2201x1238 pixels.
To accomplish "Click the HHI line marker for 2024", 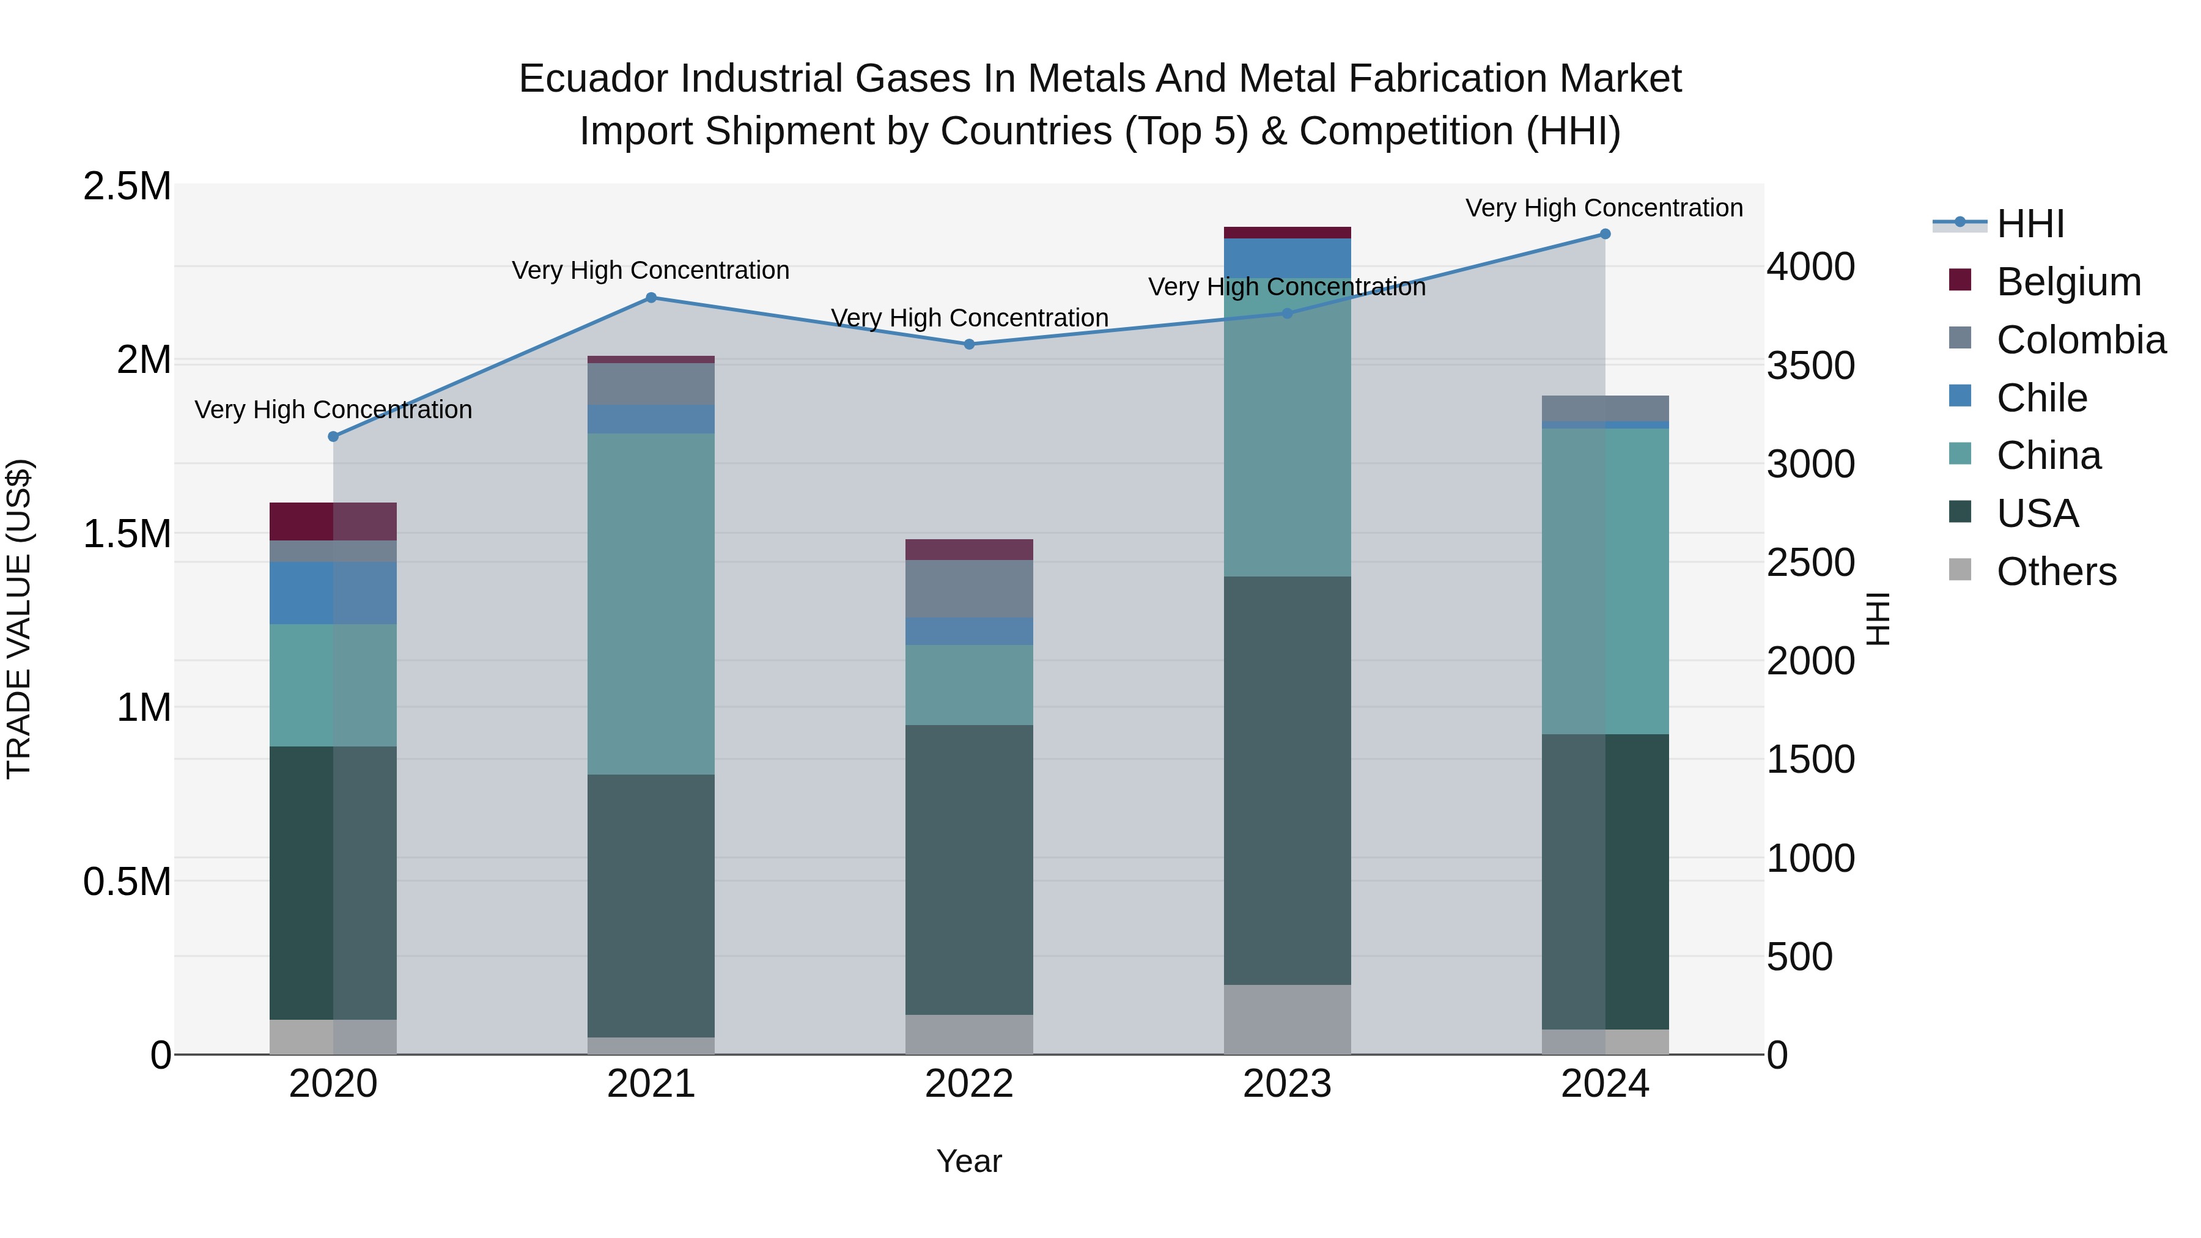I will click(1605, 234).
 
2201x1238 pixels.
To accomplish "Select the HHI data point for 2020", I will click(333, 437).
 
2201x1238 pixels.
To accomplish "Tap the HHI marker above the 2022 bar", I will click(969, 344).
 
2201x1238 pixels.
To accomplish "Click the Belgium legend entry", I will click(2068, 282).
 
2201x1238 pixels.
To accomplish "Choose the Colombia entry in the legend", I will click(2081, 340).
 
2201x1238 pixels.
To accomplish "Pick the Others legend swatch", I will click(1960, 570).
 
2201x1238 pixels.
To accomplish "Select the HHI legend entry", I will click(2029, 224).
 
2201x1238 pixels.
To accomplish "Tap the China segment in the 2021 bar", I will click(651, 603).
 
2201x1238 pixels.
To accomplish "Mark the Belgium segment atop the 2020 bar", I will click(333, 521).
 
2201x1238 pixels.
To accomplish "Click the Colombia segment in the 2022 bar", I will click(969, 589).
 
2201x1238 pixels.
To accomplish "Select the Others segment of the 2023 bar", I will click(1287, 1019).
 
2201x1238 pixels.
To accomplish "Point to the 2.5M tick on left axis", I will click(127, 186).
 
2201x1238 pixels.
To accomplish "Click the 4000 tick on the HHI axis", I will click(1810, 267).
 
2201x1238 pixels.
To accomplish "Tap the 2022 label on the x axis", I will click(969, 1084).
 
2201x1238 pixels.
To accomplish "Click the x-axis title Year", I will click(969, 1161).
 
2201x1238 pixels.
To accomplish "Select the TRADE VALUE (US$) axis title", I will click(19, 619).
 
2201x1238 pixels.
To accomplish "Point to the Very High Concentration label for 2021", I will click(651, 270).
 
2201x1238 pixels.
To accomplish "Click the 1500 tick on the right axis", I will click(1810, 759).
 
